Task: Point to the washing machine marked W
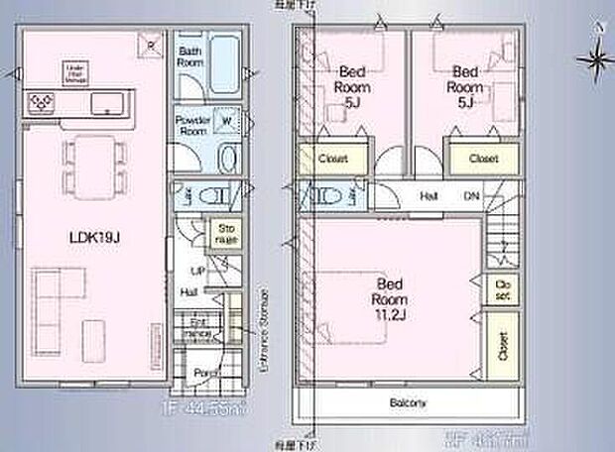click(x=227, y=123)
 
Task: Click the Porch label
click(x=204, y=374)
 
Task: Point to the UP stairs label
click(x=196, y=270)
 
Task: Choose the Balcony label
click(x=407, y=403)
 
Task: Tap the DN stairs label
click(x=473, y=196)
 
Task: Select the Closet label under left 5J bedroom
click(x=332, y=159)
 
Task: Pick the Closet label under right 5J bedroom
click(x=483, y=159)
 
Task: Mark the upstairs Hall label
click(x=429, y=196)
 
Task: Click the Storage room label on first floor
click(x=227, y=234)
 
